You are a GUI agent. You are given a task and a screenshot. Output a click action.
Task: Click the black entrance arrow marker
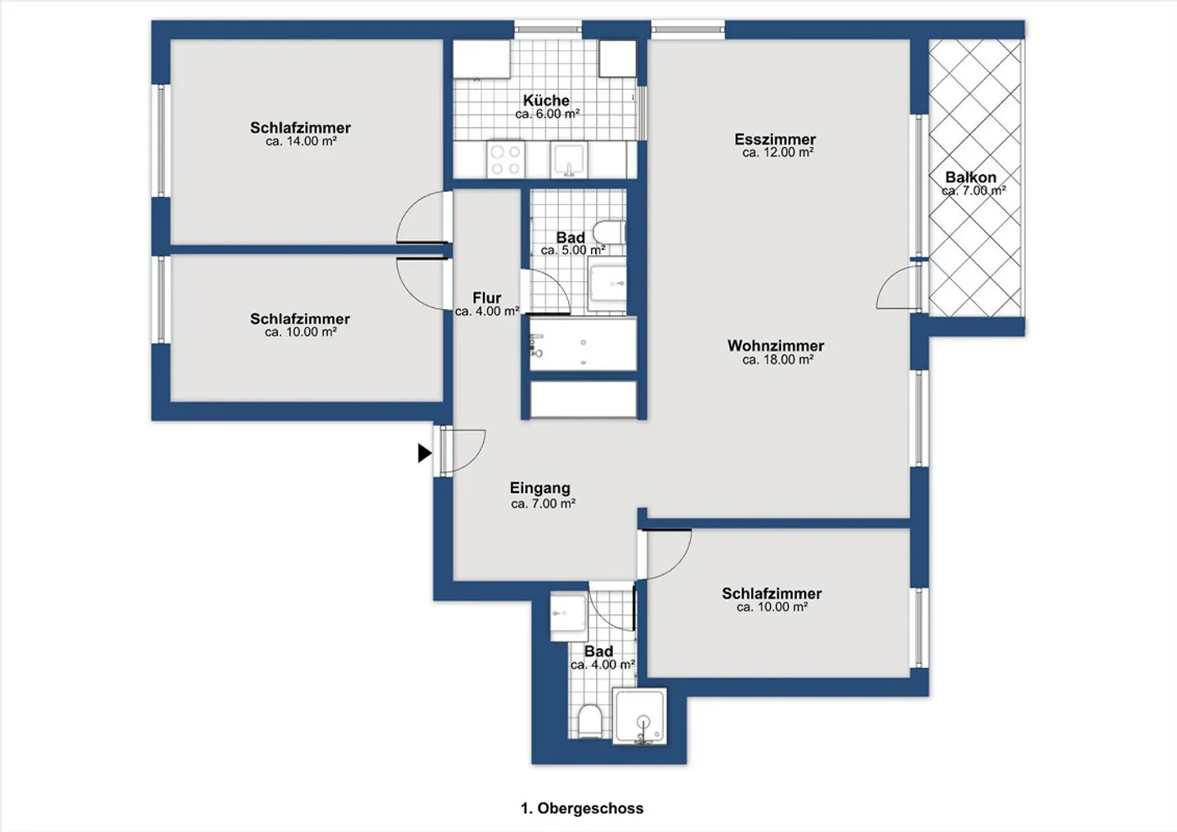click(424, 453)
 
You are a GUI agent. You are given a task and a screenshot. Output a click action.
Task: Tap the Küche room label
click(546, 100)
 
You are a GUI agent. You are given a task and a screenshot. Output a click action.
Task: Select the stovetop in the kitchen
click(506, 159)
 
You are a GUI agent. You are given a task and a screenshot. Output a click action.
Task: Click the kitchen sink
click(569, 159)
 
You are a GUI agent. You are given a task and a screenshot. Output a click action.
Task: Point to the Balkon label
click(970, 177)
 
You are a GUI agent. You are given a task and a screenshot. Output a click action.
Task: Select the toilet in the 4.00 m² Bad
click(590, 721)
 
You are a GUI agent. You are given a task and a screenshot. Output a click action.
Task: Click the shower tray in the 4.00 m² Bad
click(640, 716)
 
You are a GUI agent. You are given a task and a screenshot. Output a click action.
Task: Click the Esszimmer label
click(775, 139)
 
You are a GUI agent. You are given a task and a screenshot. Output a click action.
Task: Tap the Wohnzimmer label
click(776, 346)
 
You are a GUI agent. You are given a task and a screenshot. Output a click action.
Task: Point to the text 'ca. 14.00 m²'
click(301, 141)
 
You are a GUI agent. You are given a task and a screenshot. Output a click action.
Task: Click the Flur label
click(486, 297)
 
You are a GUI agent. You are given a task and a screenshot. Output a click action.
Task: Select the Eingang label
click(539, 488)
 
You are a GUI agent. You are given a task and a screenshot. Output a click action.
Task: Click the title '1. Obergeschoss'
click(582, 807)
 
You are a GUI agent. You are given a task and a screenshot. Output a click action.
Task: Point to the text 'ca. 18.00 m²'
click(777, 360)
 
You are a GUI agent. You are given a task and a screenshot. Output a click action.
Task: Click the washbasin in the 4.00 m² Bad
click(569, 617)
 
